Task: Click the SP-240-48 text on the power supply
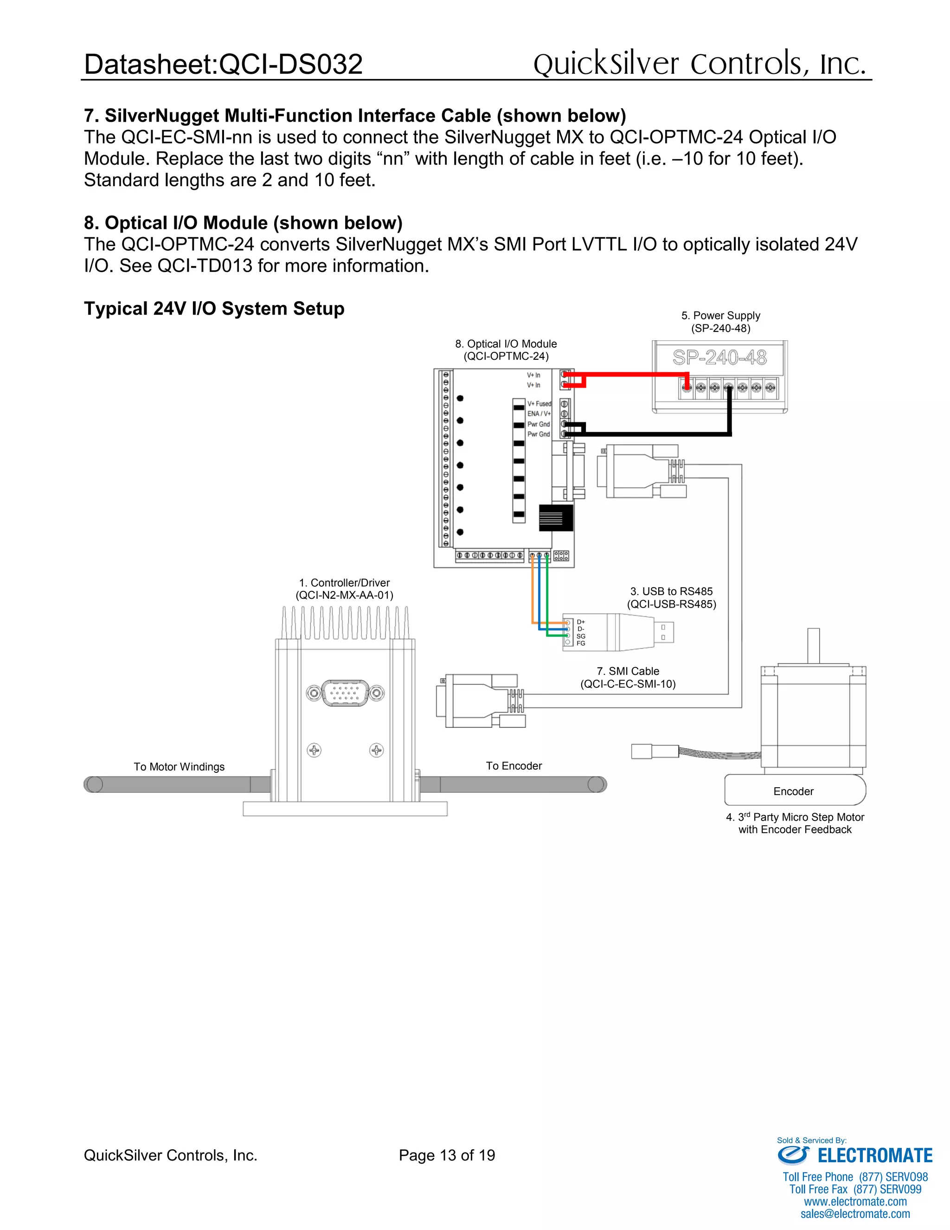point(719,357)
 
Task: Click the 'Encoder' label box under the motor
point(794,791)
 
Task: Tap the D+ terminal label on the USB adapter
point(581,622)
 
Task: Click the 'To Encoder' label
point(514,765)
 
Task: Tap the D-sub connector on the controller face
point(345,693)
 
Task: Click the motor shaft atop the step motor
point(813,646)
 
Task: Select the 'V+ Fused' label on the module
point(539,403)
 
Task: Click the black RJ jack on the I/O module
point(556,518)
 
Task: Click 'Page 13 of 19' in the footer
point(447,1155)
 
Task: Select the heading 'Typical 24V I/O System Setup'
point(214,309)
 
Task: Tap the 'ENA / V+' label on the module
point(539,414)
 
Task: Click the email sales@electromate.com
point(855,1214)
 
